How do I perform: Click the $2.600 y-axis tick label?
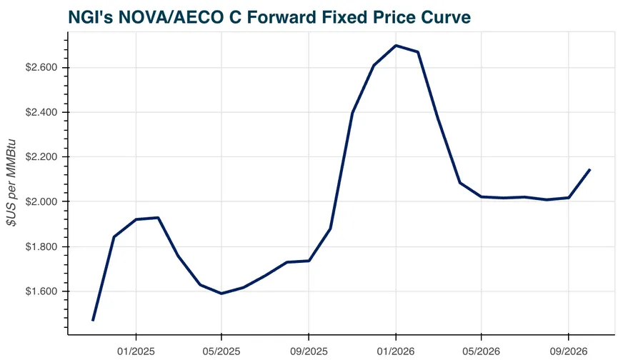pos(43,68)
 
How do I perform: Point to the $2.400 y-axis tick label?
pos(43,113)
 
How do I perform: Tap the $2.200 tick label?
pos(43,157)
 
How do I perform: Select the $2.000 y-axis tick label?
pos(43,202)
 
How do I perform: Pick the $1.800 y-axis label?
pos(43,247)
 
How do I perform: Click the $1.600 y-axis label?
pos(43,291)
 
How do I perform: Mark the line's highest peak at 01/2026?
pos(396,46)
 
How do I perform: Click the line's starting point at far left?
pos(93,320)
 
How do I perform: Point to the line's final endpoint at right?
pos(589,170)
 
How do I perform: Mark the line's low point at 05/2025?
pos(221,294)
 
